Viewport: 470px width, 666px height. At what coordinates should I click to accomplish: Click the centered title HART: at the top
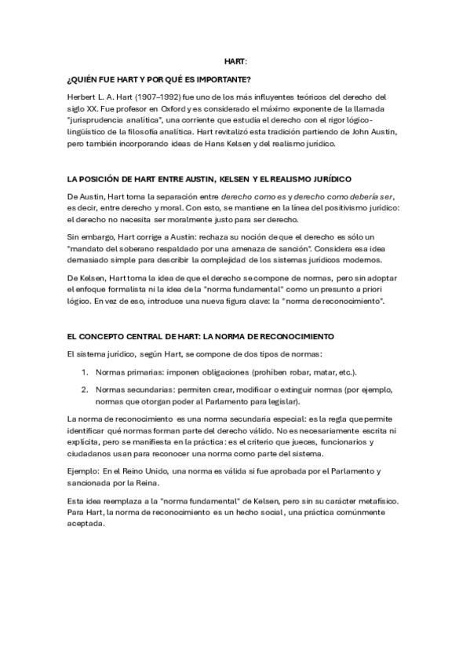click(235, 61)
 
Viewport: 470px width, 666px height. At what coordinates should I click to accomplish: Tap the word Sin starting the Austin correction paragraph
click(75, 236)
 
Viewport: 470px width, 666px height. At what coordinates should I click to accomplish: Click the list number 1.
click(85, 371)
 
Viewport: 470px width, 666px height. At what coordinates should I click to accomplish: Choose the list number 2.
click(85, 389)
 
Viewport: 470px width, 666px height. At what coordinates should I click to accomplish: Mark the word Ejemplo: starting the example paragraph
click(86, 471)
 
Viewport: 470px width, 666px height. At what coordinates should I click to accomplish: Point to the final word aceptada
click(86, 524)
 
